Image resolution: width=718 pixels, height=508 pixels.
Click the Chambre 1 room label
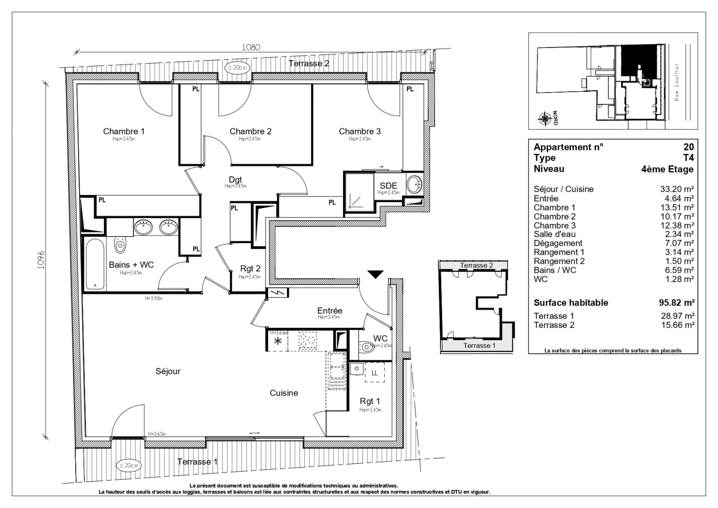coord(124,132)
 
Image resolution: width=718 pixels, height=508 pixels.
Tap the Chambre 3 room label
coord(359,132)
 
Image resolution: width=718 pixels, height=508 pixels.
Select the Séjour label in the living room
coord(168,372)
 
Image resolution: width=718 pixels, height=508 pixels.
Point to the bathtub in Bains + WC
coord(95,264)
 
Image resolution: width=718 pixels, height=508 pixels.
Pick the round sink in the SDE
coord(415,184)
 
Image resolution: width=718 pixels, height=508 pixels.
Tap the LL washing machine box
coord(375,373)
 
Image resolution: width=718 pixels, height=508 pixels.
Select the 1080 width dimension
coord(251,47)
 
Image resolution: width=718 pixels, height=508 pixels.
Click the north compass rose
coord(545,119)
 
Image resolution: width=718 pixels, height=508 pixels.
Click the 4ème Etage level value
coord(667,169)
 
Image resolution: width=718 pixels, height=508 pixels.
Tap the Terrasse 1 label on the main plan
coord(197,462)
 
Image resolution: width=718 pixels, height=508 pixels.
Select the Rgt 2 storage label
coord(250,269)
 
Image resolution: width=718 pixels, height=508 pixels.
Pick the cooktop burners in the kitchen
coord(309,340)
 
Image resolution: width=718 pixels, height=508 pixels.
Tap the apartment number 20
coord(688,147)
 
